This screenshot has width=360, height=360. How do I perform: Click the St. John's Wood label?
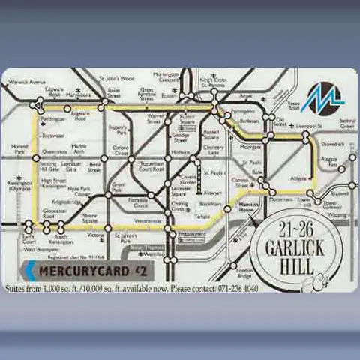116,78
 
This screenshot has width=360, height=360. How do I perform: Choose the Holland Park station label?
20,149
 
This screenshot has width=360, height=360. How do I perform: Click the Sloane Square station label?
90,220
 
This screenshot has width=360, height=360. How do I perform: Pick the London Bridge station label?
241,273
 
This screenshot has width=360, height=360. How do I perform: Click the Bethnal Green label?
346,123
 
